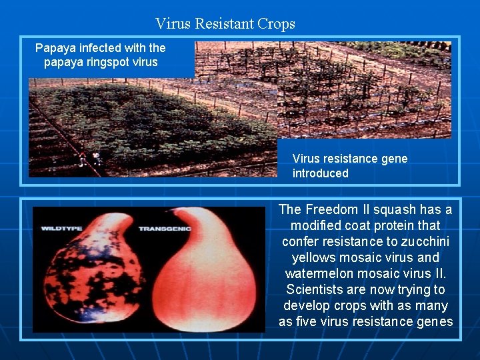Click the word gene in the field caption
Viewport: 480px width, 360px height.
392,159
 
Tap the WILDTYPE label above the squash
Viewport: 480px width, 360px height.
62,229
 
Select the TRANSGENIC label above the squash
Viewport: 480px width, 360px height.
164,229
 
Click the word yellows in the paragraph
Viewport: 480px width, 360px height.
313,257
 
